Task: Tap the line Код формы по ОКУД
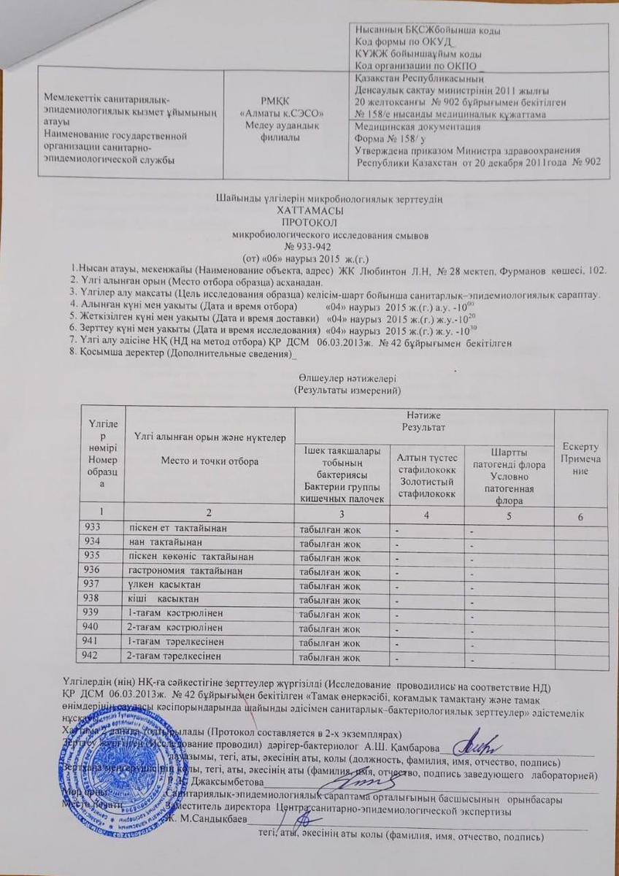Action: tap(400, 42)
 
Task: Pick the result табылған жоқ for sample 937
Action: tap(330, 585)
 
